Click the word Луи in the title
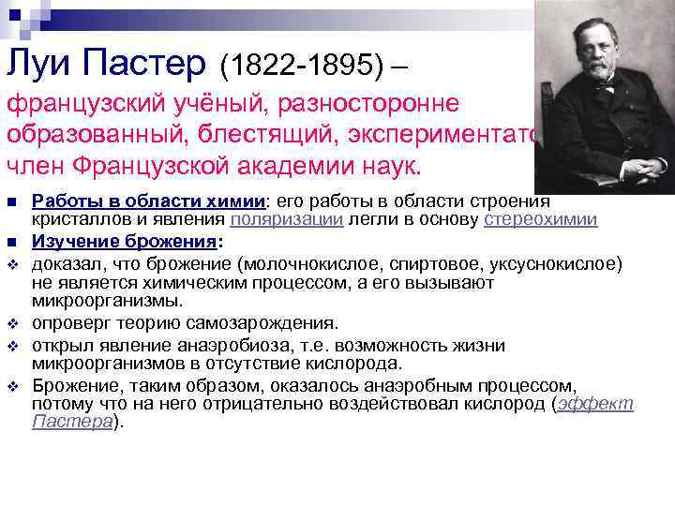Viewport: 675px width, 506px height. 41,64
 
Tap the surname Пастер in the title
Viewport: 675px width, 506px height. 149,64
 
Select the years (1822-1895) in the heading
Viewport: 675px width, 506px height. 303,66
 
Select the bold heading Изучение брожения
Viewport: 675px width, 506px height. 127,241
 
